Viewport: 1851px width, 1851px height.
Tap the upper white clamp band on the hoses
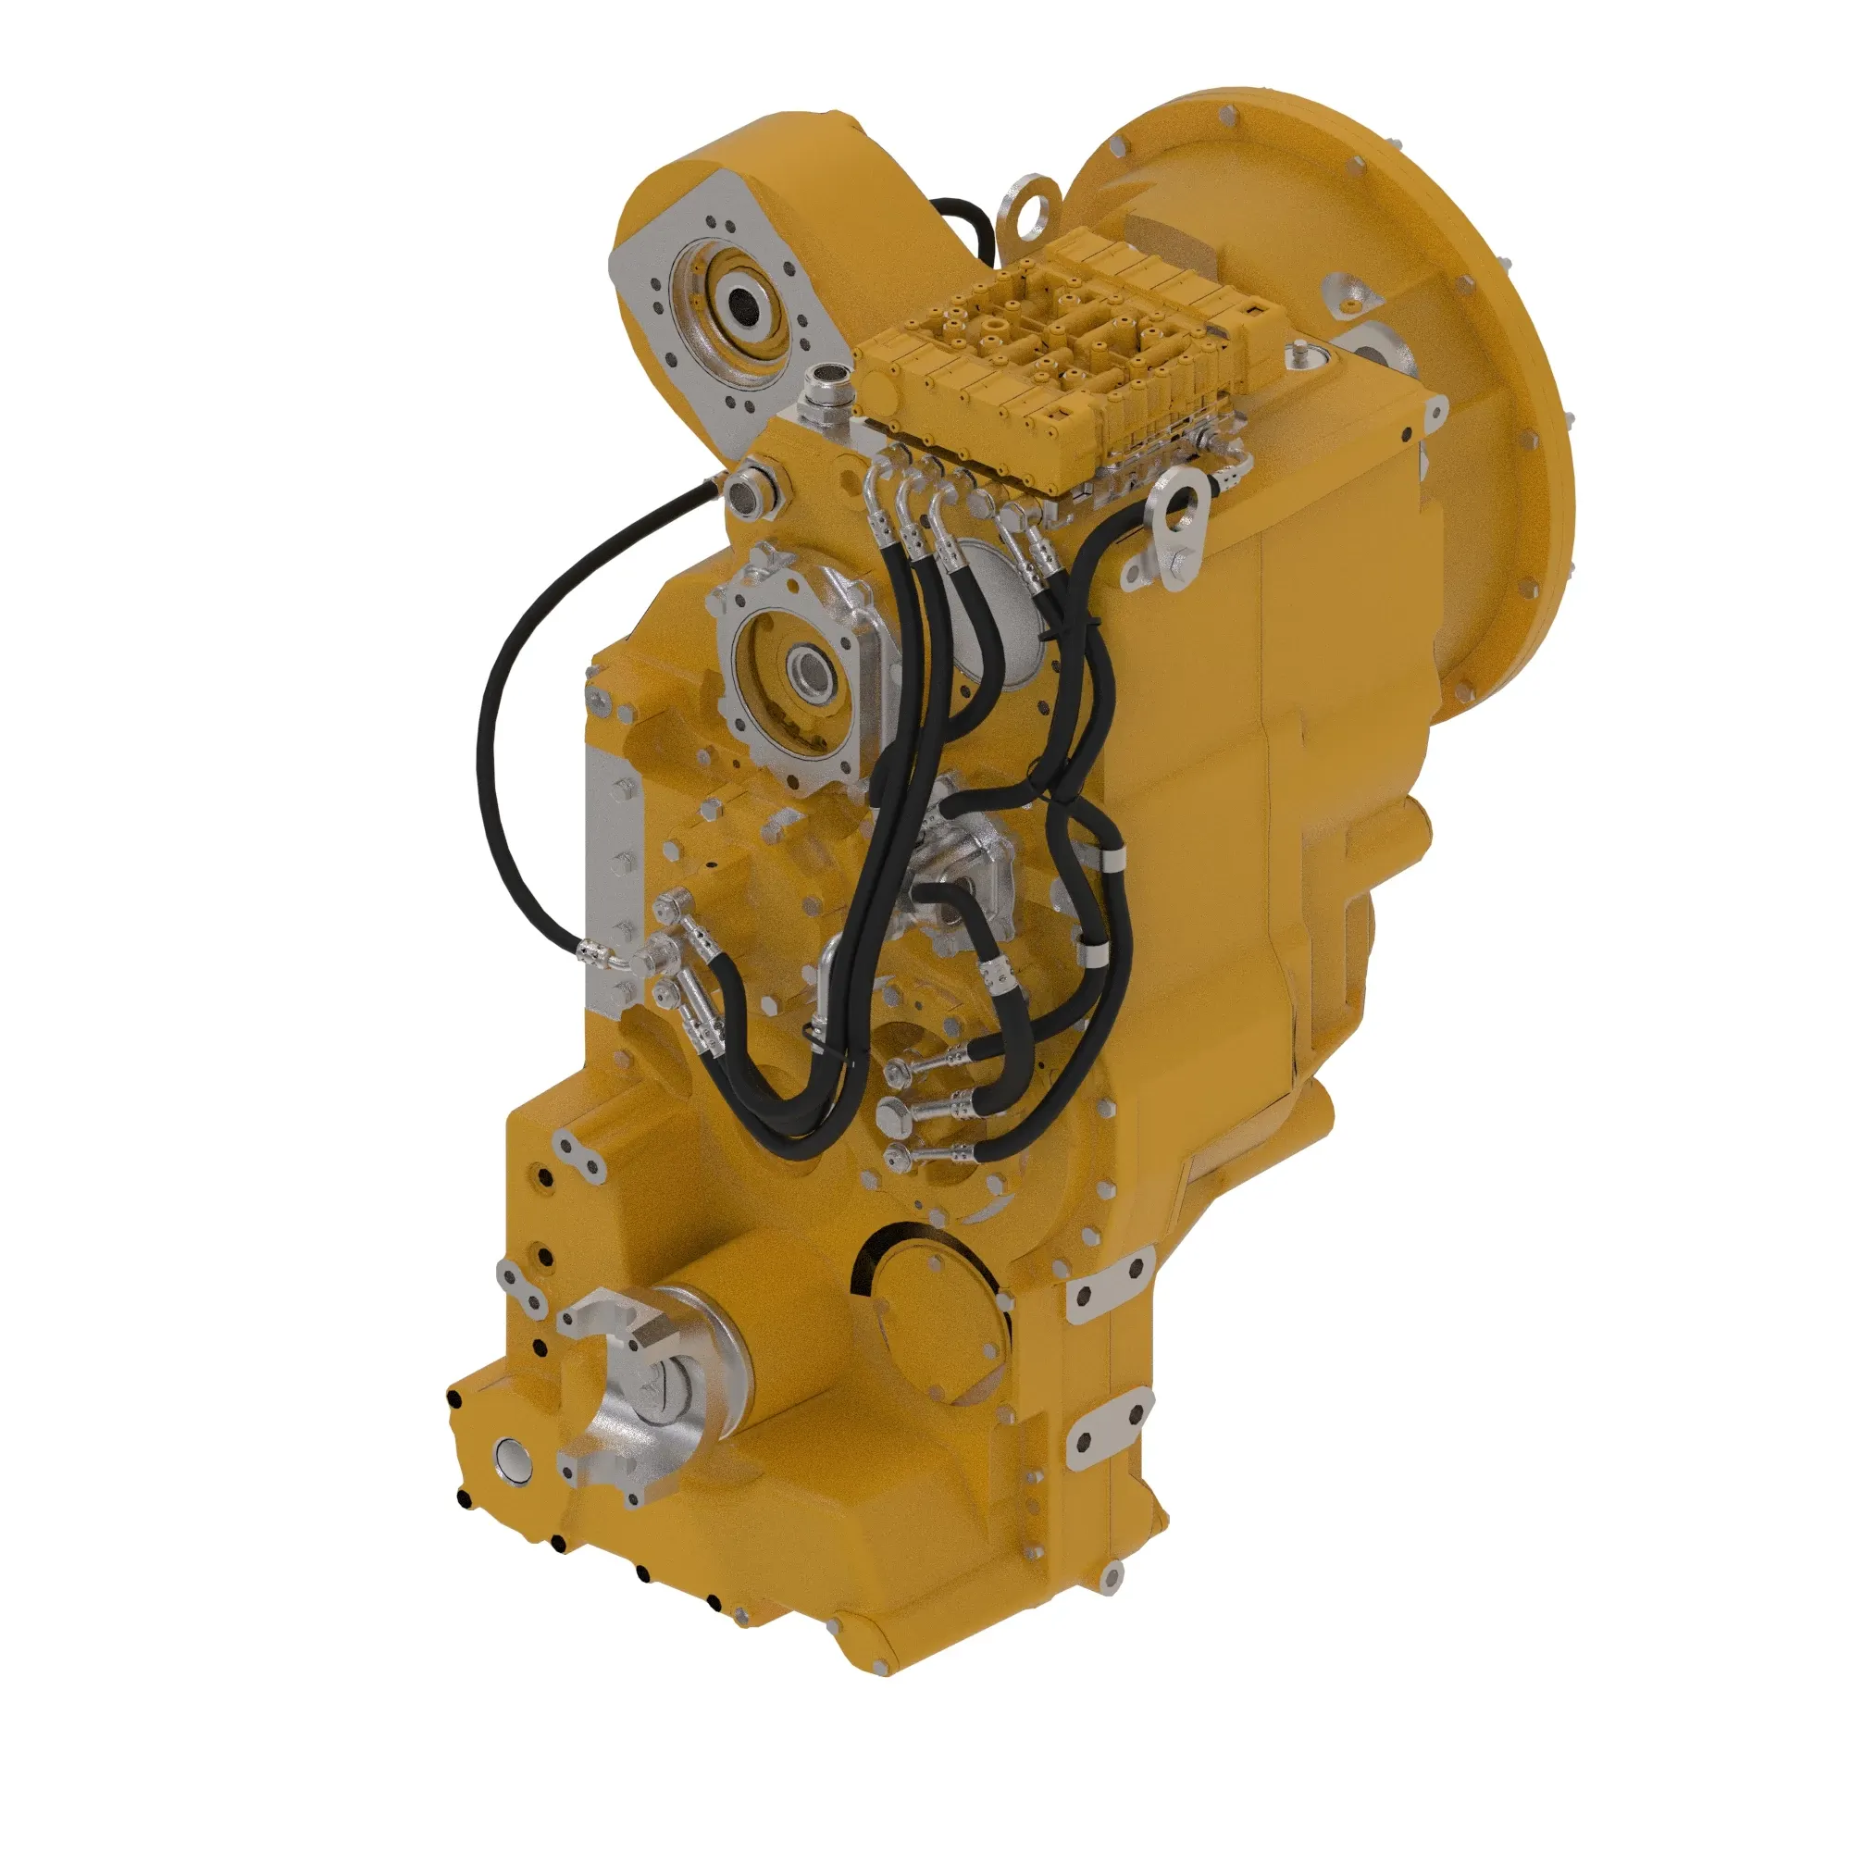coord(1111,860)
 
